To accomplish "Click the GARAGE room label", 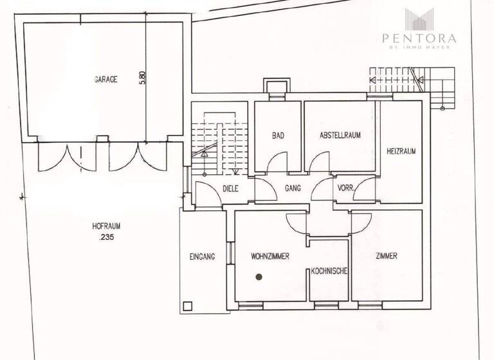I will click(105, 80).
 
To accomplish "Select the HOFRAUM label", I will click(107, 226).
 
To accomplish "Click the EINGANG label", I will click(203, 256).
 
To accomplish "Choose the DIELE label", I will click(230, 189).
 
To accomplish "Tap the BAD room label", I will click(278, 136).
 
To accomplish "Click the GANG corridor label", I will click(293, 189).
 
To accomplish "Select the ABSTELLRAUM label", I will click(339, 136).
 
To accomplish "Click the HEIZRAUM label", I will click(401, 152).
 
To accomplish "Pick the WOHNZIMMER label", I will click(270, 256).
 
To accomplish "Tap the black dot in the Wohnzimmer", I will click(259, 277).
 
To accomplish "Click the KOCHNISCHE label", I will click(329, 271).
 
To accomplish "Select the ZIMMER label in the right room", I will click(387, 256).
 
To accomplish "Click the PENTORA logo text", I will click(419, 38).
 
